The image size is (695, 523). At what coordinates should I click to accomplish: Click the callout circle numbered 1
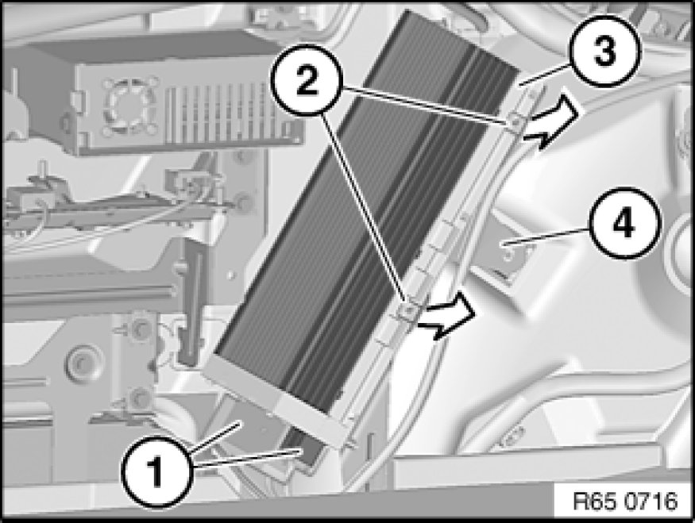(x=156, y=471)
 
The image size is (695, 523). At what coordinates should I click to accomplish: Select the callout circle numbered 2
(x=307, y=80)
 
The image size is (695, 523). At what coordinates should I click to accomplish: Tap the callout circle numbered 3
(x=605, y=50)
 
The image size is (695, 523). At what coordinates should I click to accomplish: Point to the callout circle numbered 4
(x=624, y=223)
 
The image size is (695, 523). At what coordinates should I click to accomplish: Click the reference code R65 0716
(x=625, y=502)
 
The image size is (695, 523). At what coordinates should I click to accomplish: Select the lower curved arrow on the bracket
(x=448, y=315)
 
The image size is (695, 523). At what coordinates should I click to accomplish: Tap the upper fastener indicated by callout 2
(x=514, y=121)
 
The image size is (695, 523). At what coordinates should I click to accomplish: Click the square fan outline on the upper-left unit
(x=131, y=106)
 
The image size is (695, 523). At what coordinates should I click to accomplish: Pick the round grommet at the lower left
(x=81, y=363)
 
